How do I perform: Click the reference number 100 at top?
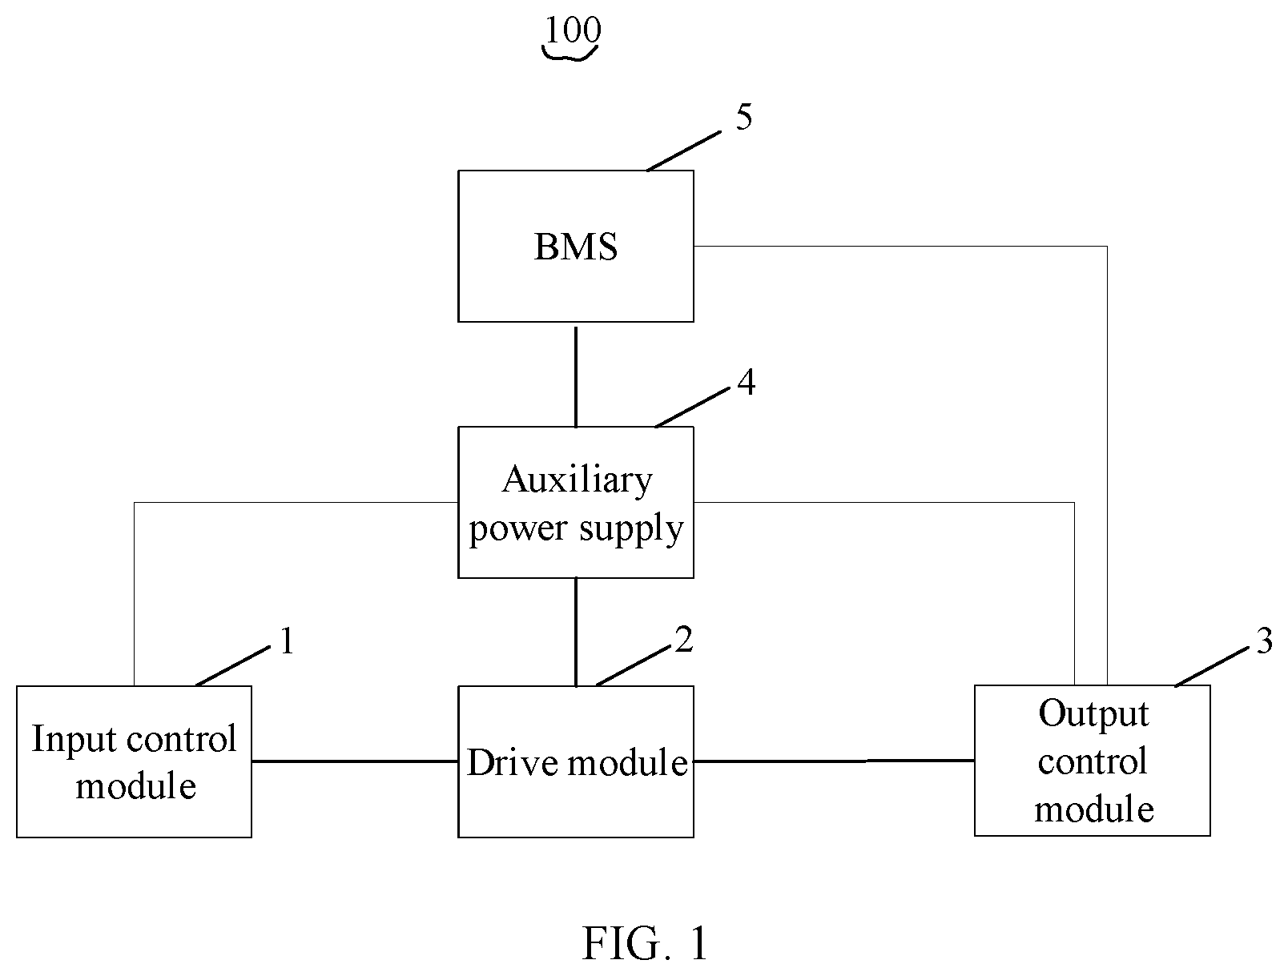point(573,30)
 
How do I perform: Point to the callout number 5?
point(744,117)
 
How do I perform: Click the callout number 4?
point(747,383)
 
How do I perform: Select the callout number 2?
point(684,639)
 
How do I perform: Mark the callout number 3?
point(1265,641)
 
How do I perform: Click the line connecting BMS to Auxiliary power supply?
point(576,376)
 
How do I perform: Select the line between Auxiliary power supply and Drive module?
point(576,633)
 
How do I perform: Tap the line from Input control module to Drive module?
point(355,761)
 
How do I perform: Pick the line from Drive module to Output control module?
point(834,761)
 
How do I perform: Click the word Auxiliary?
point(577,480)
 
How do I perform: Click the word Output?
point(1094,714)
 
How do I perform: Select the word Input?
point(74,738)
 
